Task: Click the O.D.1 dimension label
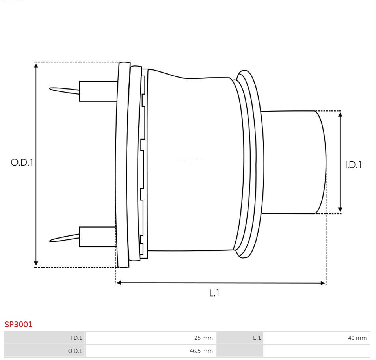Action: (22, 162)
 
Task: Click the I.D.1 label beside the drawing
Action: (353, 165)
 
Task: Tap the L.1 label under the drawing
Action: (214, 293)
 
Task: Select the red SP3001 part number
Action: (19, 324)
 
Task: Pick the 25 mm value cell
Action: (151, 338)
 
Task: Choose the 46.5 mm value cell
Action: (151, 351)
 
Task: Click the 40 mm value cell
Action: (317, 338)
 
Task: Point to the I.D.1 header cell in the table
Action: (45, 338)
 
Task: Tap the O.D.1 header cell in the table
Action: (45, 351)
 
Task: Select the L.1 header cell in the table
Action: (240, 338)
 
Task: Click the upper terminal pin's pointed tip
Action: (50, 89)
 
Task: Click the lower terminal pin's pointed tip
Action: (50, 241)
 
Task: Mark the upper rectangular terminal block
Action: (98, 91)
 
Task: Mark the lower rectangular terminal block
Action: (98, 237)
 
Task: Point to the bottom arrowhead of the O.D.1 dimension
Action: (36, 263)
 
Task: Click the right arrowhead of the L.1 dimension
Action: (323, 283)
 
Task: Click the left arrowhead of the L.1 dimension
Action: (119, 283)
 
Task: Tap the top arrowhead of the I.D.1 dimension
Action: (340, 114)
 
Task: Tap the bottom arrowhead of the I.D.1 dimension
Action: (340, 210)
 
